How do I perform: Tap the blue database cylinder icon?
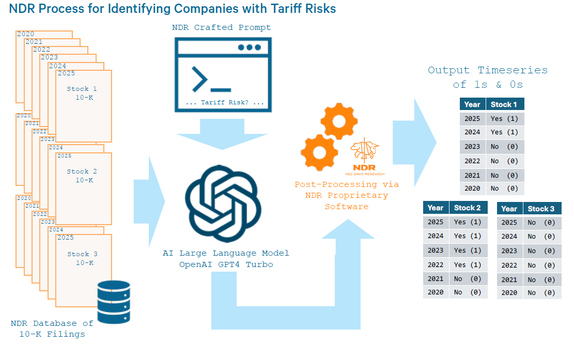(114, 303)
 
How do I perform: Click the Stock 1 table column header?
(504, 104)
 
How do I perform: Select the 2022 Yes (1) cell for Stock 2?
(468, 265)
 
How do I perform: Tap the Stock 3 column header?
(541, 209)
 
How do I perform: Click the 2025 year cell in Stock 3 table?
(509, 223)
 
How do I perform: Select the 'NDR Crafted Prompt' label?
(222, 27)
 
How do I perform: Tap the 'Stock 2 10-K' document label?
(83, 176)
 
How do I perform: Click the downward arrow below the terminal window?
(223, 134)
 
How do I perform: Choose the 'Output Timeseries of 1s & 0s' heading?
(487, 77)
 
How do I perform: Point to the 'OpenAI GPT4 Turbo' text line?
(226, 264)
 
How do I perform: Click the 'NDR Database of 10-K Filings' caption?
(52, 328)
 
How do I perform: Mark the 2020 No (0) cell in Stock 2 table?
(468, 292)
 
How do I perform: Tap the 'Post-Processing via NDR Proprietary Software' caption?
(347, 195)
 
